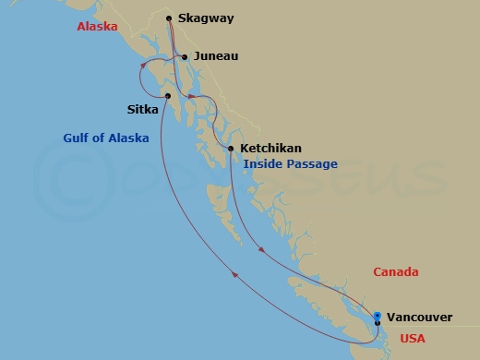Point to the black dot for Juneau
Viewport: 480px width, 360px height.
coord(186,57)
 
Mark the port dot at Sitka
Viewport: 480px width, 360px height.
coord(167,95)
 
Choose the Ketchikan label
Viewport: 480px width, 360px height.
coord(270,148)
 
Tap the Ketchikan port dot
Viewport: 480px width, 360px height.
coord(230,148)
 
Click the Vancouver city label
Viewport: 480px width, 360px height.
coord(419,318)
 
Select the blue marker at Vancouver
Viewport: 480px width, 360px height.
coord(377,318)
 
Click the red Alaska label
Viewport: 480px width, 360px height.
coord(97,27)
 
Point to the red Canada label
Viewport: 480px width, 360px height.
coord(396,272)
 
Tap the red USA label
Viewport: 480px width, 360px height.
coord(413,339)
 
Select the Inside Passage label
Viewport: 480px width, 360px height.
coord(291,164)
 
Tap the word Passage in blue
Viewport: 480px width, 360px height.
coord(313,164)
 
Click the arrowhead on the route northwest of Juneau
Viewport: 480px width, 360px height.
coord(145,66)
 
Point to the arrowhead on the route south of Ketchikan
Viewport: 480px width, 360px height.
coord(265,249)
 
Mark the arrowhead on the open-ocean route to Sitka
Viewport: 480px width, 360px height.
coord(237,274)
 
